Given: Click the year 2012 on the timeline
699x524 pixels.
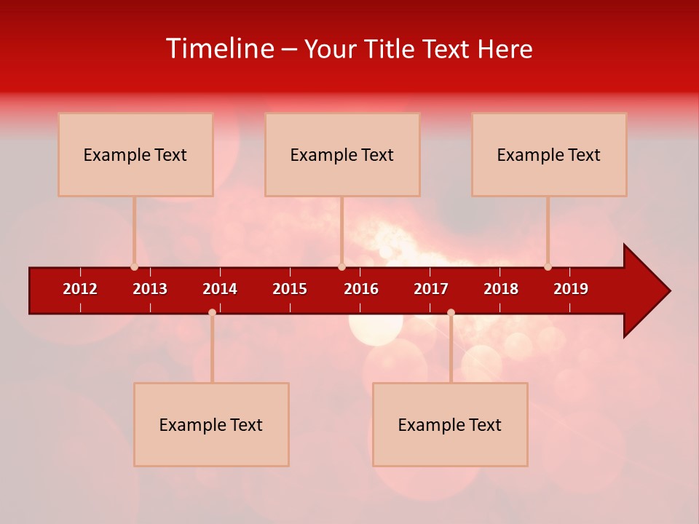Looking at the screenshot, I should click(80, 289).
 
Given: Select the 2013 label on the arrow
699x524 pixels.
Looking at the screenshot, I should click(150, 289).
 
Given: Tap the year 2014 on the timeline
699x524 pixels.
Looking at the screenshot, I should click(220, 289).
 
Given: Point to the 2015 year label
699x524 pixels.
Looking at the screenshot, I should click(290, 289).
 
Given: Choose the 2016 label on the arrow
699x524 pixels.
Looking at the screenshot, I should click(361, 289).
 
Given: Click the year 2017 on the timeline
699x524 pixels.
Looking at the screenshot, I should click(431, 289).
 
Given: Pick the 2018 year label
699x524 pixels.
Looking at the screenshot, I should click(501, 289).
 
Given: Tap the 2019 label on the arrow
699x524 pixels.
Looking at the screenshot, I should click(571, 289).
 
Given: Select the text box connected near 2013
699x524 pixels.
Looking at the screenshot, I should click(135, 154).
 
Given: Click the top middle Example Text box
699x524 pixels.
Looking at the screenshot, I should click(342, 154).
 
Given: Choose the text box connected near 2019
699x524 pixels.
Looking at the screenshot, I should click(549, 154).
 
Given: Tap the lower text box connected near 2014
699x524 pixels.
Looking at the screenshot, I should click(211, 424).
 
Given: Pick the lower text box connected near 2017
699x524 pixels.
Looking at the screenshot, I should click(450, 424).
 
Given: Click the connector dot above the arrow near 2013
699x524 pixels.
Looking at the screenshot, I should click(134, 266).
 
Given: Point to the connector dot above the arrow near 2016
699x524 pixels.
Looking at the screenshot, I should click(341, 266).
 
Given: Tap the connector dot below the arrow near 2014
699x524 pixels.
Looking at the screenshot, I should click(212, 312).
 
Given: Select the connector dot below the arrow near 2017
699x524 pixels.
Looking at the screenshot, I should click(451, 312).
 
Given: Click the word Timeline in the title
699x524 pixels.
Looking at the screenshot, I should click(219, 49).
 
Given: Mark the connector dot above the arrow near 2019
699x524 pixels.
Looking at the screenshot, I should click(548, 266).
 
